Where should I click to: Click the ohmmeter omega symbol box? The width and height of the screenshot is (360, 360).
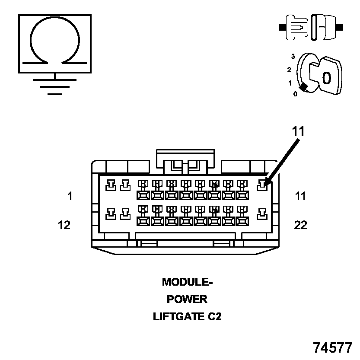tap(54, 43)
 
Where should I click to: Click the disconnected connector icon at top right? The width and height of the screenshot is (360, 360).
tap(311, 27)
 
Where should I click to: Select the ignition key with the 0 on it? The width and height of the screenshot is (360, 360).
tap(326, 76)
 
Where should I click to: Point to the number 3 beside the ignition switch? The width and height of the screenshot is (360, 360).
tap(293, 57)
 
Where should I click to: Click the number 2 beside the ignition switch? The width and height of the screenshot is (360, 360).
tap(289, 70)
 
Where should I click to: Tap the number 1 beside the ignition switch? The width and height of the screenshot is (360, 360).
tap(290, 83)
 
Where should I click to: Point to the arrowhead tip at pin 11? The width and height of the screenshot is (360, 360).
tap(265, 185)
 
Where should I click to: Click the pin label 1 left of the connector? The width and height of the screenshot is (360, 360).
tap(70, 196)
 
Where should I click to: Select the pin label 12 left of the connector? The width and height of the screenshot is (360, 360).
tap(64, 225)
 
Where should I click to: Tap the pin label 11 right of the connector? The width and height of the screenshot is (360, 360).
tap(300, 196)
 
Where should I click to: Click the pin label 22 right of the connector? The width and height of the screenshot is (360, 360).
tap(300, 225)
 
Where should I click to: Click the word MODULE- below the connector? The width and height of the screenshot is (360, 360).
tap(188, 282)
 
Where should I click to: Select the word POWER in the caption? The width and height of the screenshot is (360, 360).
tap(187, 299)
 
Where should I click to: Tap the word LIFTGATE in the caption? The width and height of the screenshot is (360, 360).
tap(178, 317)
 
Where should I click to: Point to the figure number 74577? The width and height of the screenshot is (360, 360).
tap(333, 347)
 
